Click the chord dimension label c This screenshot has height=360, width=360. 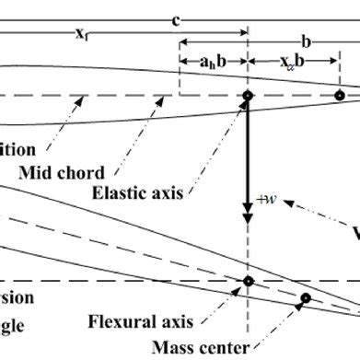(173, 18)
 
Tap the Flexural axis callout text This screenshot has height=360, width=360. (140, 322)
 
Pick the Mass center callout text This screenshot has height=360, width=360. (200, 347)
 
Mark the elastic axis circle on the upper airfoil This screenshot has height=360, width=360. (247, 95)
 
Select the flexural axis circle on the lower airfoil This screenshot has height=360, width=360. (247, 281)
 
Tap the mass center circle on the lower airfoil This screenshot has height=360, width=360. (305, 298)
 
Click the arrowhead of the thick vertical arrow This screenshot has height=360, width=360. (247, 218)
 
